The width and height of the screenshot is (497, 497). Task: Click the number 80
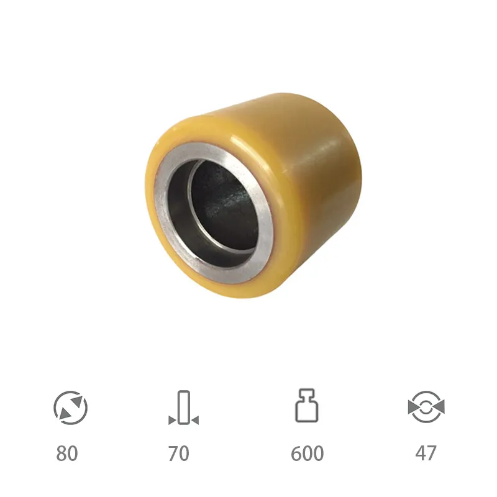click(x=67, y=454)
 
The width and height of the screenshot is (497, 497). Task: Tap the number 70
click(x=179, y=454)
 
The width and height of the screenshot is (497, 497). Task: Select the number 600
click(x=307, y=454)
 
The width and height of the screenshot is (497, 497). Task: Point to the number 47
click(x=426, y=454)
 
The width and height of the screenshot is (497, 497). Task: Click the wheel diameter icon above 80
click(x=70, y=408)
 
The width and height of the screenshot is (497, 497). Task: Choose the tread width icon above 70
click(x=184, y=408)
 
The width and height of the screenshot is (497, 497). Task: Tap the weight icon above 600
click(x=307, y=406)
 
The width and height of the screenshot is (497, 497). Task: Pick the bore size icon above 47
click(x=426, y=408)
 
